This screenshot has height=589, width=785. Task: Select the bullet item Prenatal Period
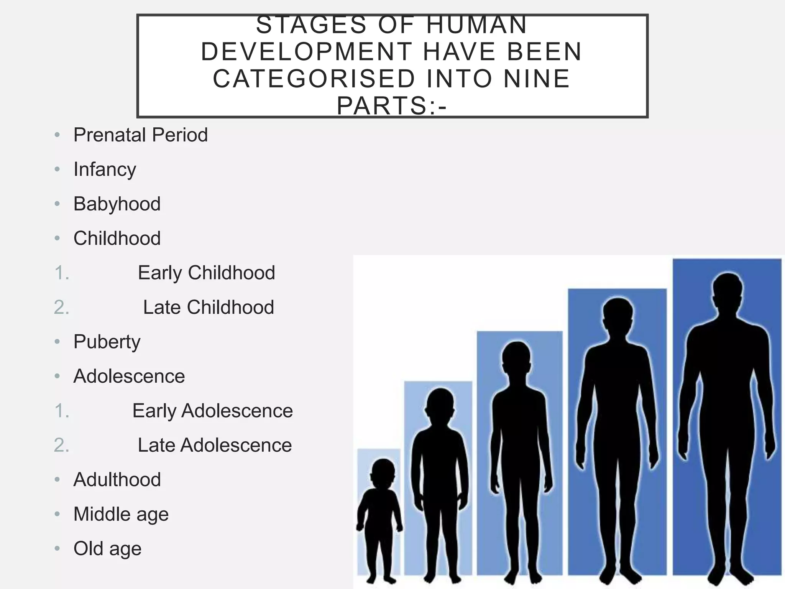[x=140, y=135]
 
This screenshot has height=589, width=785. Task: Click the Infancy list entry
[x=105, y=169]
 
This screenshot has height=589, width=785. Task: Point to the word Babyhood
[x=117, y=204]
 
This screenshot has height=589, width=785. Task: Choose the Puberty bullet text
[x=107, y=342]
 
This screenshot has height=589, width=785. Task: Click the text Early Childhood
[x=206, y=273]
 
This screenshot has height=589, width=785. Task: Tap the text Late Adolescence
[x=215, y=445]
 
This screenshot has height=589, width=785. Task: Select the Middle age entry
[x=121, y=514]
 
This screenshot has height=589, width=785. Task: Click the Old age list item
[x=107, y=549]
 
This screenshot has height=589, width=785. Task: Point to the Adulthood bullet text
[x=117, y=480]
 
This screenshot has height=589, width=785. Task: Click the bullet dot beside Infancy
[x=57, y=169]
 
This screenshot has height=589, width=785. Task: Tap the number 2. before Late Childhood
[x=62, y=307]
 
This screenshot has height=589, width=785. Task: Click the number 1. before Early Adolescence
[x=62, y=411]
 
